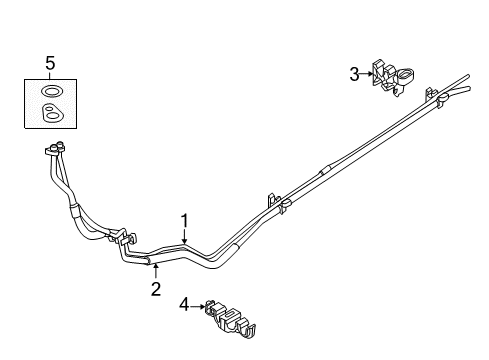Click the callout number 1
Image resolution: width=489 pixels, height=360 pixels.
click(x=184, y=222)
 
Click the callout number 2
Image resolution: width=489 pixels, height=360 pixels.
click(x=156, y=291)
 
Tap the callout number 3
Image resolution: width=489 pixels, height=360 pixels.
click(x=353, y=73)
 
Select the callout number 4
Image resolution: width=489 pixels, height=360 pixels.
click(x=185, y=305)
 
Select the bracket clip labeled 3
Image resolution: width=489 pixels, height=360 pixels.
click(x=392, y=78)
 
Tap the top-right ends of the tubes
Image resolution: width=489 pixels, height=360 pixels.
click(x=459, y=82)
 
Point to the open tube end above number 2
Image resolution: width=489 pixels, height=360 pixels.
click(x=150, y=262)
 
